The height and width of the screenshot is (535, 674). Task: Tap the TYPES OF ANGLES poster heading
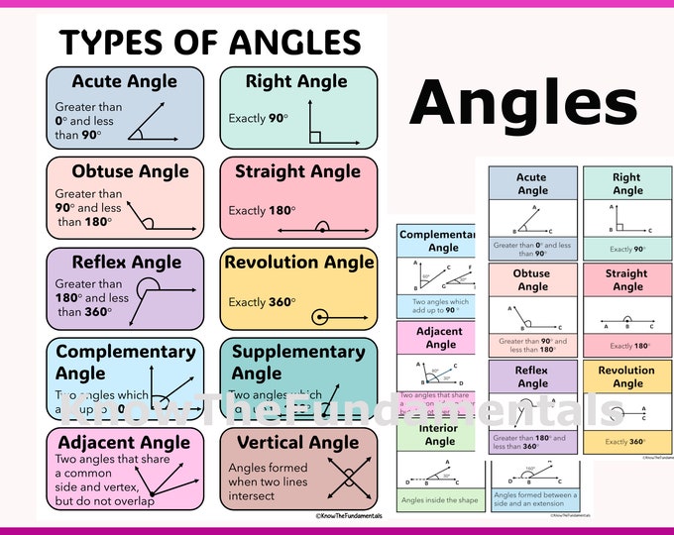[x=210, y=42]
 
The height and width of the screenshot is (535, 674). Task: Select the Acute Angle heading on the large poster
[x=124, y=81]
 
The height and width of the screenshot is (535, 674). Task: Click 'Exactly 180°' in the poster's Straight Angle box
[x=261, y=210]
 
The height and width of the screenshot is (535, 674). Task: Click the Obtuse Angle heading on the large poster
[x=130, y=171]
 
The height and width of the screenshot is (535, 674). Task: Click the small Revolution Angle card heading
[x=626, y=376]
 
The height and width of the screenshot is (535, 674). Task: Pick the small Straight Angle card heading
[x=626, y=280]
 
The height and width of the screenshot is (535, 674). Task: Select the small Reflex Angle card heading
[x=532, y=376]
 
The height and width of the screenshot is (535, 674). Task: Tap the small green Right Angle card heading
[x=626, y=183]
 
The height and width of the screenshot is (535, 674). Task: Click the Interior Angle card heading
[x=439, y=435]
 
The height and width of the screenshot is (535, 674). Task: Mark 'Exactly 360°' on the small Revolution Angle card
[x=626, y=442]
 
